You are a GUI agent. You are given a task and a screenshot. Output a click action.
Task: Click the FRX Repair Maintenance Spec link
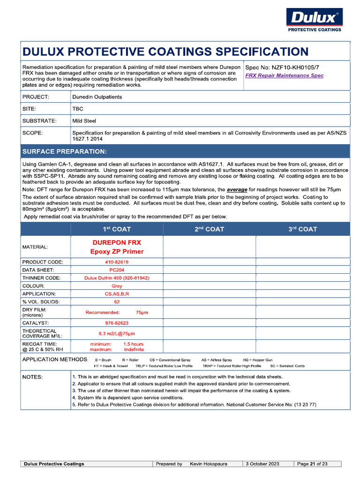pos(285,75)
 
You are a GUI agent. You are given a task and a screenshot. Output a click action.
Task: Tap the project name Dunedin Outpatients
pos(97,97)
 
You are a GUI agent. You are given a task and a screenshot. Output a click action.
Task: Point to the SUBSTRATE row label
pos(39,121)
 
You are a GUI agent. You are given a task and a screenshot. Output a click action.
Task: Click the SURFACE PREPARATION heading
pos(65,151)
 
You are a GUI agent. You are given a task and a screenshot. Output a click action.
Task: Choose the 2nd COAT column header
pos(209,229)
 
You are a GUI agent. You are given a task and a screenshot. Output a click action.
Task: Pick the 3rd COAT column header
pos(302,229)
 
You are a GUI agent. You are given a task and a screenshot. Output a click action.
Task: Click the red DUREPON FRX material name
pos(117,243)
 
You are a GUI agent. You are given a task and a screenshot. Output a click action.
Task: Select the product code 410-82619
pos(117,262)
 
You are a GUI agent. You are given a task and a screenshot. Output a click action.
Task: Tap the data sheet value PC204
pos(117,270)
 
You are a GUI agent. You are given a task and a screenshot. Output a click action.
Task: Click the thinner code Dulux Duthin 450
pos(117,278)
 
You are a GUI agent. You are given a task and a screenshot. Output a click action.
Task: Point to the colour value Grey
pos(117,286)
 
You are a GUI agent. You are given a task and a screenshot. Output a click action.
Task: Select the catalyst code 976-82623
pos(117,323)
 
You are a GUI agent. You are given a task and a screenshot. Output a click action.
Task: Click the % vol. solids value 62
pos(117,302)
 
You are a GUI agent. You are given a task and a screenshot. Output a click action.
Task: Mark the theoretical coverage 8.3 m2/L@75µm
pos(117,334)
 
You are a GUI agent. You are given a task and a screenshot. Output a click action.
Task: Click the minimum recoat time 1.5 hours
pos(134,344)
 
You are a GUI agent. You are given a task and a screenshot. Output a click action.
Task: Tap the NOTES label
pos(32,377)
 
